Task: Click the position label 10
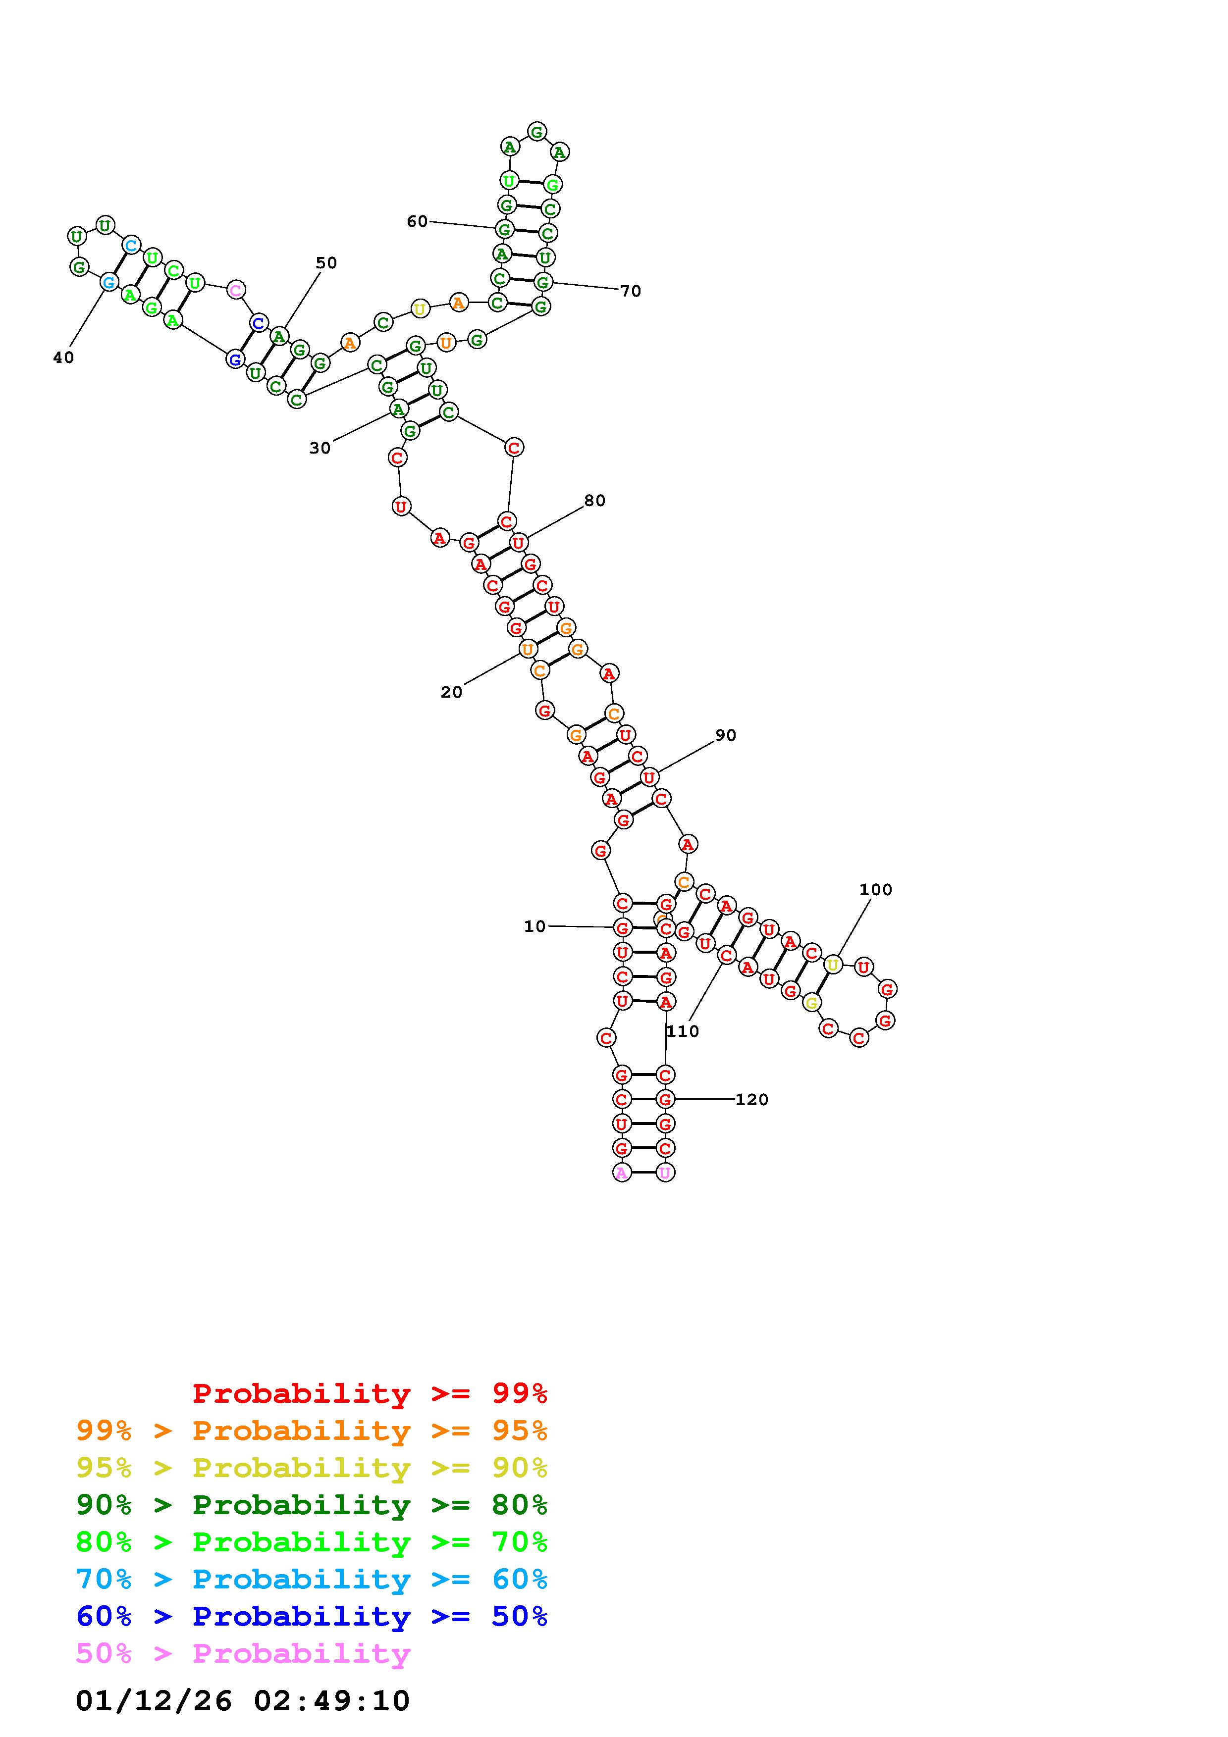(x=534, y=926)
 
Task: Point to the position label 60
(x=417, y=221)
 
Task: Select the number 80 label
(x=595, y=500)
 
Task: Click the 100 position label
(x=875, y=890)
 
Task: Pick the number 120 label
(x=751, y=1099)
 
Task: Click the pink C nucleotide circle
(x=235, y=290)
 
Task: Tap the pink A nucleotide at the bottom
(x=621, y=1173)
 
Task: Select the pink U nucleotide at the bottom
(x=665, y=1173)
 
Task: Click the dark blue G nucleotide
(x=234, y=359)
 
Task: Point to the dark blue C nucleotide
(x=259, y=323)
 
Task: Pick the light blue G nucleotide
(x=109, y=282)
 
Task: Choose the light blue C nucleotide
(x=131, y=245)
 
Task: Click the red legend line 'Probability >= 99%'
(x=369, y=1393)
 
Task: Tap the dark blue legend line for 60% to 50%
(x=312, y=1616)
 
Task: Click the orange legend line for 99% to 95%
(x=312, y=1430)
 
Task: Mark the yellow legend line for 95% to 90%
(x=312, y=1467)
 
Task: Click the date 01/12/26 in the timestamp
(x=154, y=1700)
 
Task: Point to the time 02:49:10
(x=331, y=1700)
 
